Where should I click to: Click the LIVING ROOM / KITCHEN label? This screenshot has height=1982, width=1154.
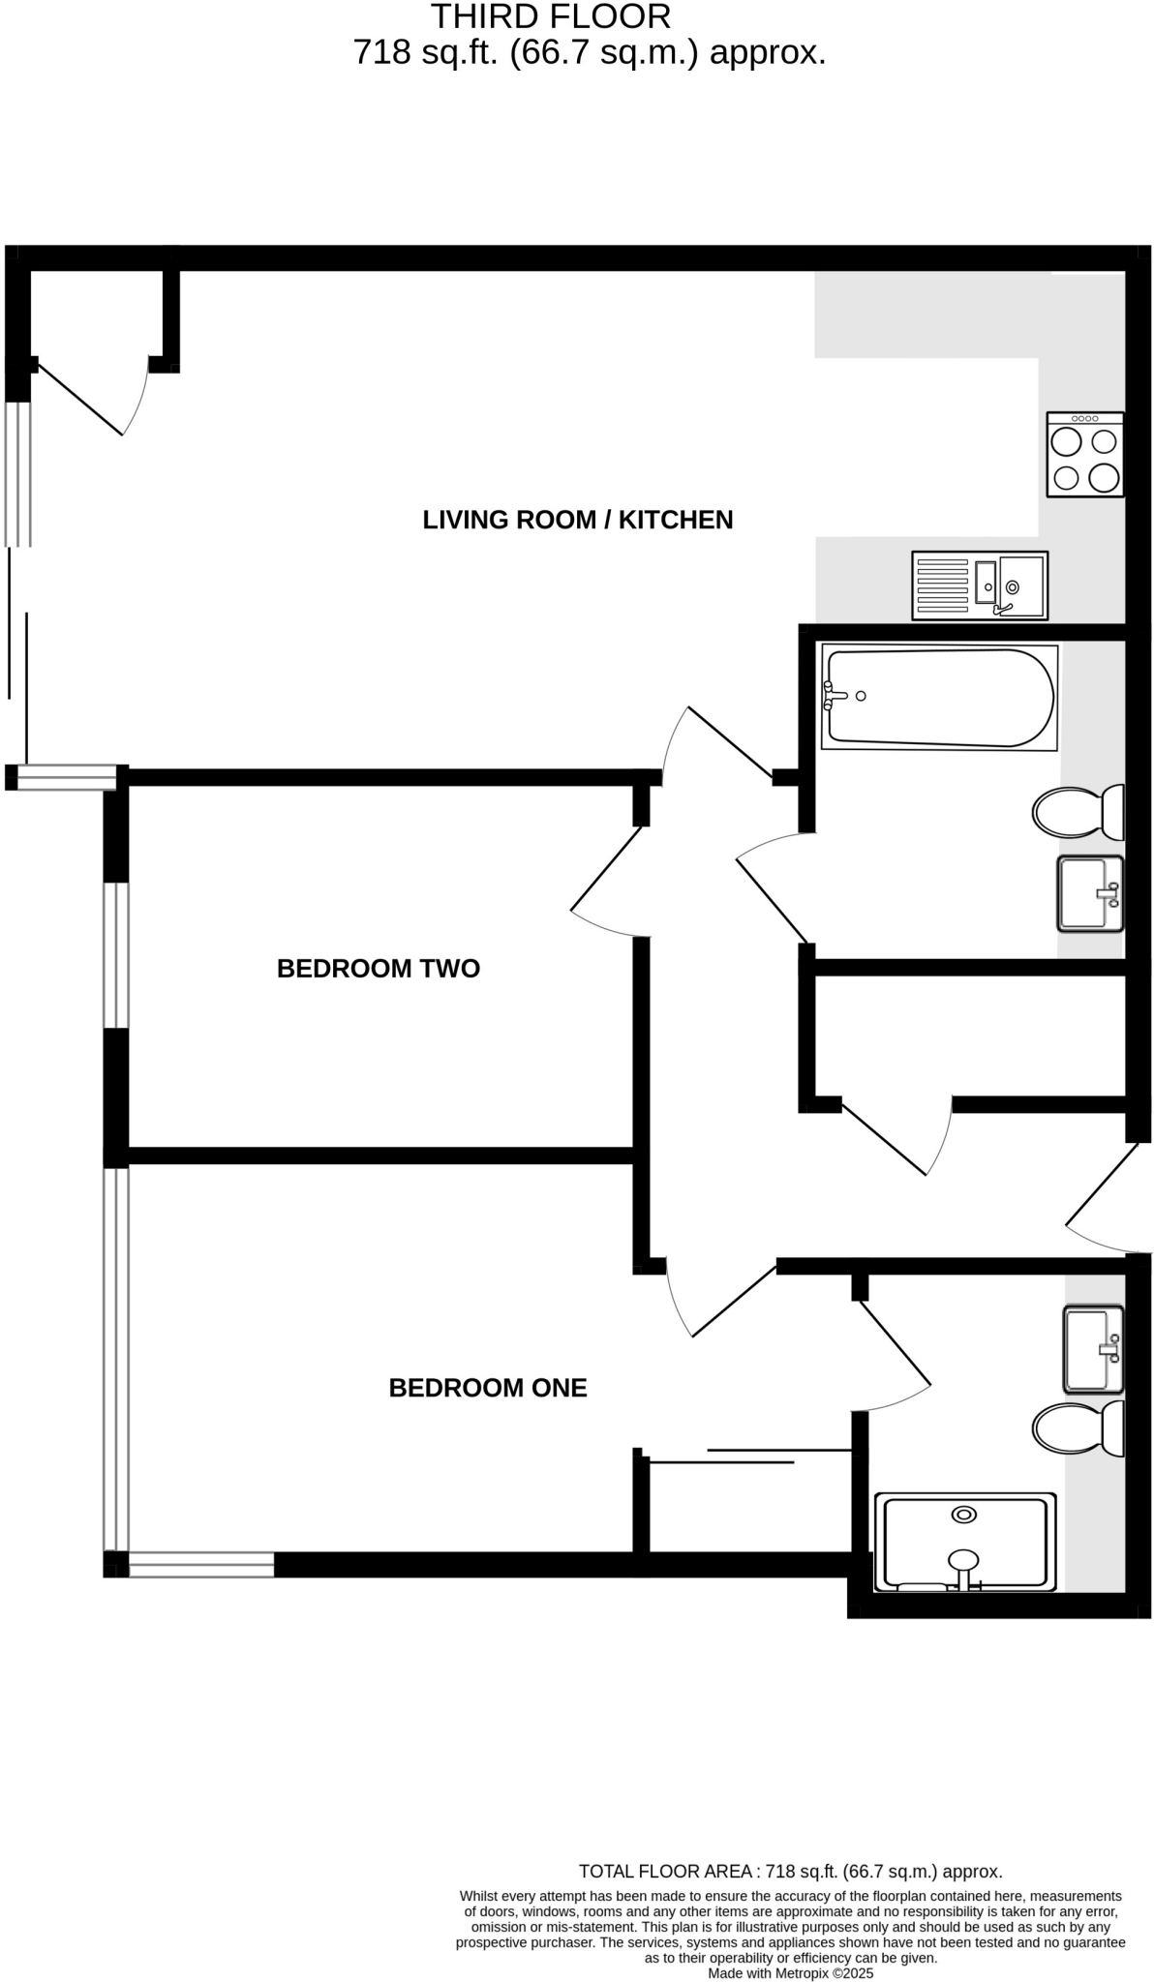click(577, 520)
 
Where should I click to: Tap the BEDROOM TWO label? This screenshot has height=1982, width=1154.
click(378, 969)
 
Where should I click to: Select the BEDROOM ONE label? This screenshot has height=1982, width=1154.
click(487, 1388)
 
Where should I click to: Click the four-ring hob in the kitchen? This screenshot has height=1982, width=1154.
click(1084, 455)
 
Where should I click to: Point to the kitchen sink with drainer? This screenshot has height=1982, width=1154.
click(979, 586)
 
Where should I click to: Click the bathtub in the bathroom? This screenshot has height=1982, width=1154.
click(938, 698)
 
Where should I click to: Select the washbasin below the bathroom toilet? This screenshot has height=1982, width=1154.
click(1090, 893)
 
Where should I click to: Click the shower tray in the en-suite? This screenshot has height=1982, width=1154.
click(964, 1543)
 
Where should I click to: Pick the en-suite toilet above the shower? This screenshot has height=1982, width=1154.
click(1077, 1428)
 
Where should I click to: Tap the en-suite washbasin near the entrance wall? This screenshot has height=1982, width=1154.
click(1093, 1348)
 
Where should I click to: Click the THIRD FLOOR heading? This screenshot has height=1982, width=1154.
click(550, 16)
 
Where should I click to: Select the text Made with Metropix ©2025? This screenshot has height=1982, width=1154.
click(790, 1973)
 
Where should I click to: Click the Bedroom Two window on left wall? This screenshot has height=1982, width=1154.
click(115, 954)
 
